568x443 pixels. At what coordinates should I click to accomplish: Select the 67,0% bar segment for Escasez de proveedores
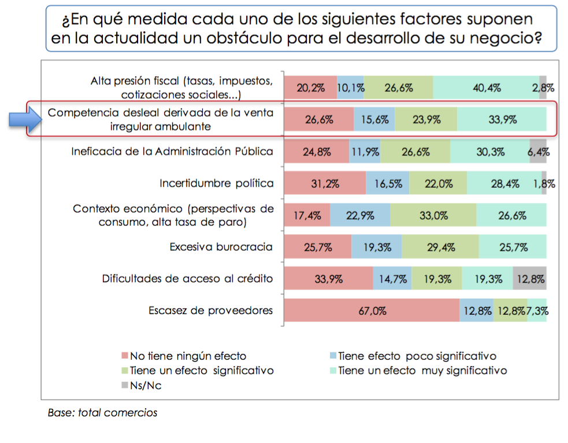click(372, 311)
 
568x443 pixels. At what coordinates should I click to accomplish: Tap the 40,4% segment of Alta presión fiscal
click(485, 88)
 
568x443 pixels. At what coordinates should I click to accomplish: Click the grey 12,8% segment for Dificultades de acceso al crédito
click(529, 279)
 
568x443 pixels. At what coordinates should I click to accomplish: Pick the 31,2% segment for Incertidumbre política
click(325, 184)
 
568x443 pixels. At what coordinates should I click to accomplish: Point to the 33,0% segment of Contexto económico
click(433, 215)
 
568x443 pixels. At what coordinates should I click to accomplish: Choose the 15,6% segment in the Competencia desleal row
click(374, 120)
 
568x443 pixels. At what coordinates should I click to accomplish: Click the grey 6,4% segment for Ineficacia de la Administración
click(538, 152)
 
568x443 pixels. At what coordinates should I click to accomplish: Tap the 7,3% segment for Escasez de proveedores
click(537, 311)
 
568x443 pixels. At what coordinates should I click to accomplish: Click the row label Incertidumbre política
click(216, 184)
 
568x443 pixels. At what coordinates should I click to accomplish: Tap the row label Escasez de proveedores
click(210, 311)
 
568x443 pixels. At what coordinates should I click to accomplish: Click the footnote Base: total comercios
click(102, 413)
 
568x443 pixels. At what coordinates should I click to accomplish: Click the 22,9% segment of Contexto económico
click(359, 215)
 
